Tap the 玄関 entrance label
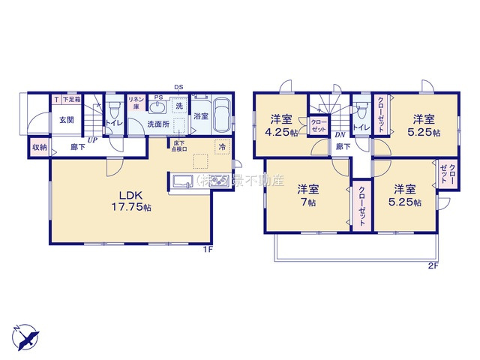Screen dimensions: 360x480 [66, 120]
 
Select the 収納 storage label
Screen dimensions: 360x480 [39, 147]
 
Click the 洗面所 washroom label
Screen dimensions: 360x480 [157, 124]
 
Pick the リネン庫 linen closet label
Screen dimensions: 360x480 [136, 103]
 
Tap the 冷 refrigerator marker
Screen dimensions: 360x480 [221, 147]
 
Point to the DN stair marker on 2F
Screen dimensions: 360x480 [340, 135]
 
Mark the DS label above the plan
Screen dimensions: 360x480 [178, 87]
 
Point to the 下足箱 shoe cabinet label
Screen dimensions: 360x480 [70, 99]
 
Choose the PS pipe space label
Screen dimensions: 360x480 [158, 97]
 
